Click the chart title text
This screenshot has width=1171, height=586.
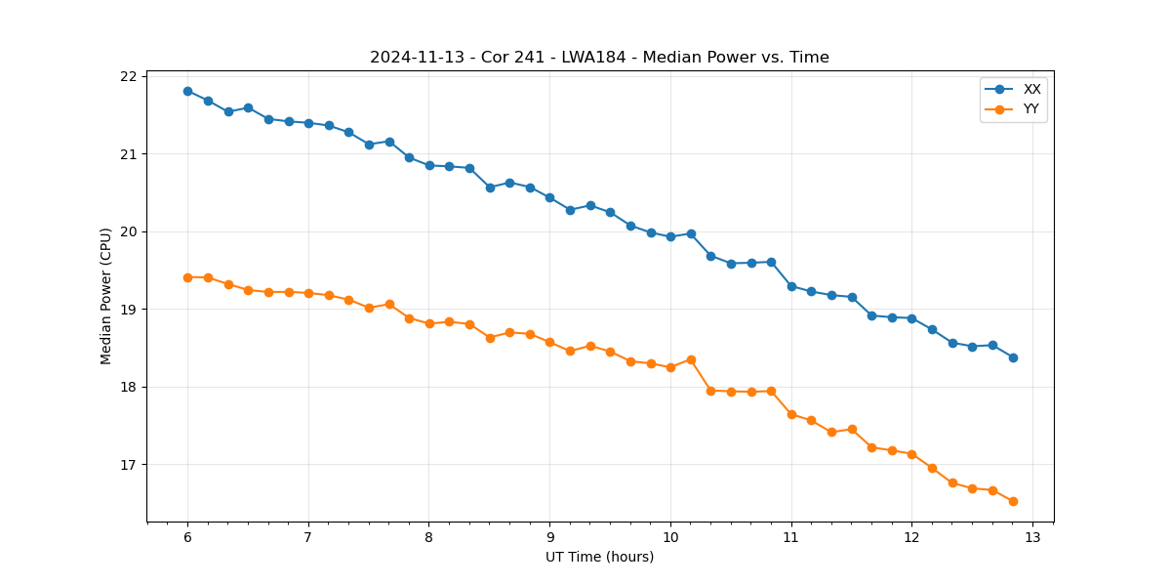click(x=599, y=58)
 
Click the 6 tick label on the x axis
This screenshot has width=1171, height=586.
click(x=187, y=538)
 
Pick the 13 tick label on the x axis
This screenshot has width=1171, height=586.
click(x=1032, y=538)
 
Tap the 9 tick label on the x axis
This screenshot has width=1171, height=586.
click(x=549, y=538)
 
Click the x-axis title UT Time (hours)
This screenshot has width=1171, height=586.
click(x=599, y=557)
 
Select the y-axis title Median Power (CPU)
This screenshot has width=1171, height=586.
click(x=105, y=296)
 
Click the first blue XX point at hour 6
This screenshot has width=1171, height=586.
click(x=187, y=91)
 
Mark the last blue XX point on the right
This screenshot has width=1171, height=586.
click(x=1013, y=357)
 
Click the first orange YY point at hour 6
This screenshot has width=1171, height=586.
click(x=187, y=277)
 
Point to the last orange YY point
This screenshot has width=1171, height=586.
click(x=1013, y=501)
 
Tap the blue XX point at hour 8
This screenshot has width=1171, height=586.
click(x=429, y=165)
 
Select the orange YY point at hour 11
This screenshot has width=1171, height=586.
click(x=791, y=414)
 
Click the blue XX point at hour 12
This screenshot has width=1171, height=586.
click(x=911, y=318)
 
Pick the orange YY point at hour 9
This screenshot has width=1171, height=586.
click(x=549, y=342)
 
